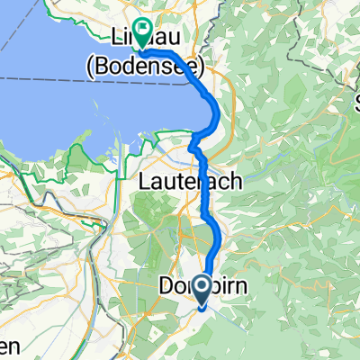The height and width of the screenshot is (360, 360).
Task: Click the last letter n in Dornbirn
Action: tap(242, 286)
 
